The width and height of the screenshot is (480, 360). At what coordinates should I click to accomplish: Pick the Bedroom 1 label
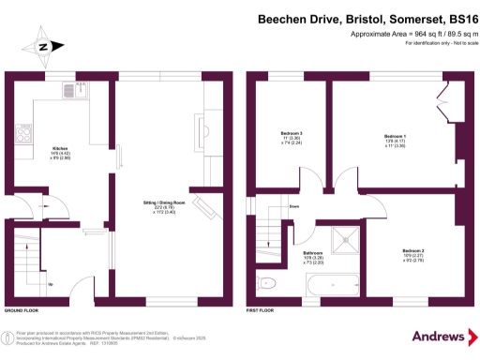pos(395,141)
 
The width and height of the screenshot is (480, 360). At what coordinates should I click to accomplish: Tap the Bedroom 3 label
pos(292,140)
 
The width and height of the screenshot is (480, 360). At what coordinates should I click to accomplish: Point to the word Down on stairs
pos(294,206)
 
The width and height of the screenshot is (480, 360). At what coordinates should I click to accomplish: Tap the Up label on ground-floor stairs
pos(50,284)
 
